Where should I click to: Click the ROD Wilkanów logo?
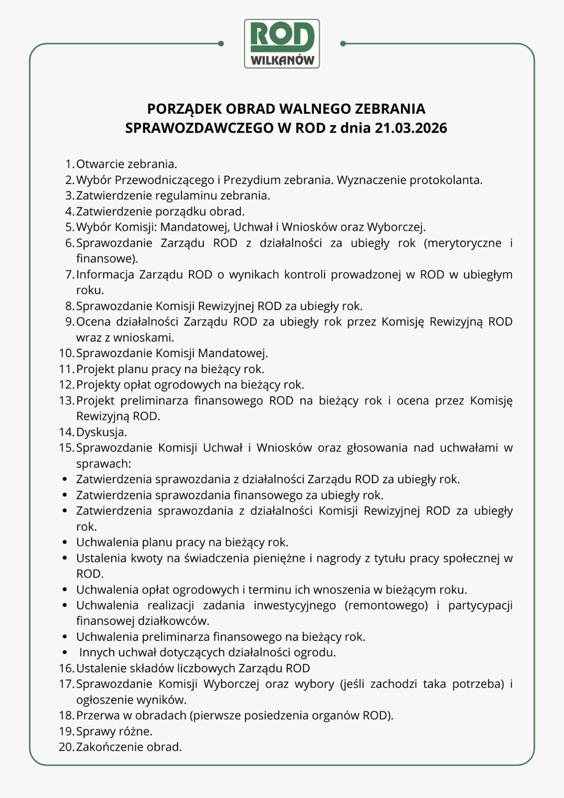[x=282, y=44]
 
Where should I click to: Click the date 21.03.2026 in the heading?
[x=411, y=128]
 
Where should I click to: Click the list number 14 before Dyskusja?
[x=66, y=432]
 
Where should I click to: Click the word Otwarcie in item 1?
[x=100, y=164]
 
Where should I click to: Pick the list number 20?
[x=66, y=747]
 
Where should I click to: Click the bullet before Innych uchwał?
[x=65, y=652]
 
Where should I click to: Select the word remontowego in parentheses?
[x=386, y=605]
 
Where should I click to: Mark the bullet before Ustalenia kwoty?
[x=65, y=558]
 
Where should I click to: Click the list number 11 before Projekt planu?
[x=66, y=369]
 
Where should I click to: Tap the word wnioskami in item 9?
[x=144, y=338]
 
